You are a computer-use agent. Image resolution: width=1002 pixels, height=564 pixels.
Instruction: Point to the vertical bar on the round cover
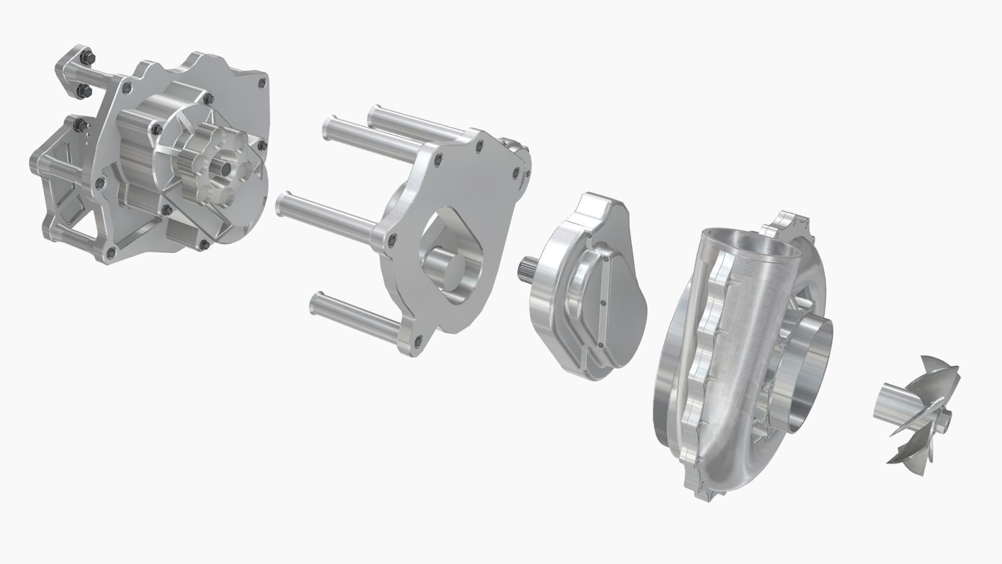coord(604,303)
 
